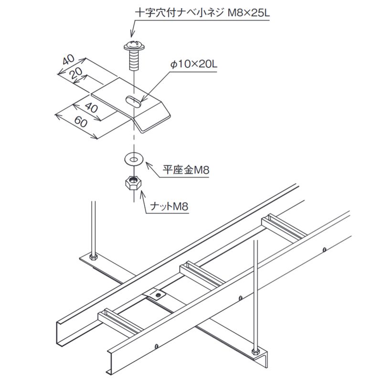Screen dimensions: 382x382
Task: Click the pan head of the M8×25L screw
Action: click(x=135, y=46)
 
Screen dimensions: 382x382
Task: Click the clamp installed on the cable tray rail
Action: click(x=157, y=296)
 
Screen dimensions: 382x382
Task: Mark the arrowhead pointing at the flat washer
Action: click(x=146, y=164)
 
